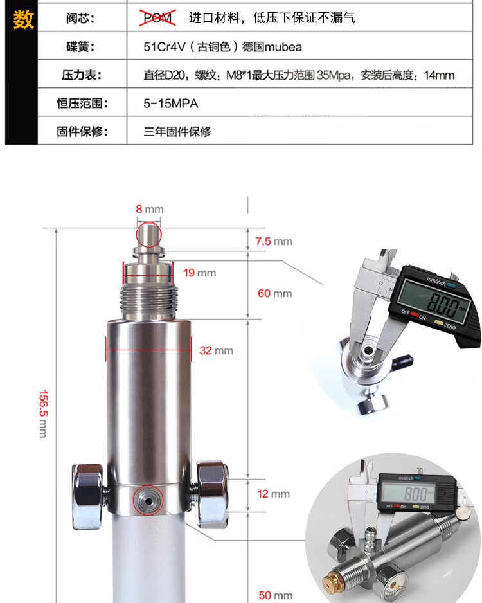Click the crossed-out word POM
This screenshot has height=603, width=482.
[x=157, y=18]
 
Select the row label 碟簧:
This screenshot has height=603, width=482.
[x=80, y=46]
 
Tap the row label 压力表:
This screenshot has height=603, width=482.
[x=82, y=75]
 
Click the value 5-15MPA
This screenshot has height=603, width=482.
[x=171, y=104]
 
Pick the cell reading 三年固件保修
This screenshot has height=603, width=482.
[x=177, y=132]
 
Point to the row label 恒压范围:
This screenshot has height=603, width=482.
[x=83, y=103]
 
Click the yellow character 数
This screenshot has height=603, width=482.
[x=23, y=19]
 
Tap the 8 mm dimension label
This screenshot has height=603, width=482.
[x=150, y=209]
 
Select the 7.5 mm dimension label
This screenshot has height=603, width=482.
[x=274, y=242]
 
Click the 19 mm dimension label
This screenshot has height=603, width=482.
[x=199, y=273]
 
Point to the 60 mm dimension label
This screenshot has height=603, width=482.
[x=275, y=293]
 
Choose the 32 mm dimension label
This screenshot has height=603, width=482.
[x=217, y=351]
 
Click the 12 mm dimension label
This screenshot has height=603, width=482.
[x=273, y=494]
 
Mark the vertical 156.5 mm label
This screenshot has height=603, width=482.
[x=44, y=414]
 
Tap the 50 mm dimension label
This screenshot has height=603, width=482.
[x=275, y=595]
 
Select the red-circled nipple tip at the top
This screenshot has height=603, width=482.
[x=148, y=234]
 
